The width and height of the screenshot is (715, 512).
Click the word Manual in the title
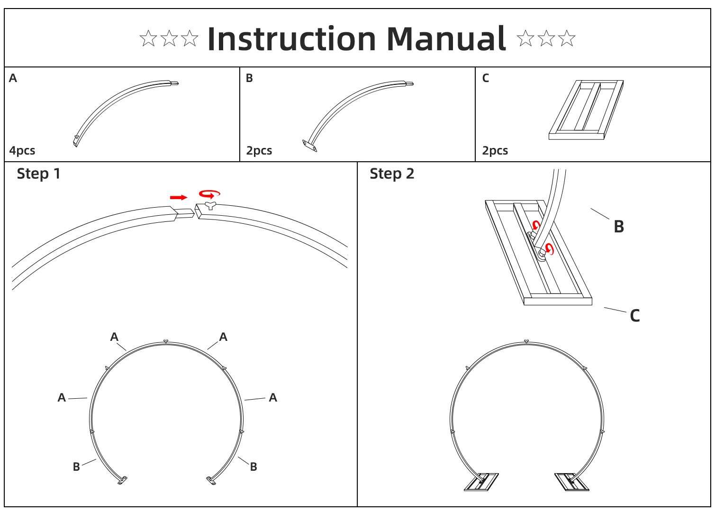pos(446,39)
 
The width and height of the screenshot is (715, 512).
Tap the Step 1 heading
pos(39,174)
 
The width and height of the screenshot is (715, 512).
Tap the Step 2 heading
pos(392,174)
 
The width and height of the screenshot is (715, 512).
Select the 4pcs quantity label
pos(22,151)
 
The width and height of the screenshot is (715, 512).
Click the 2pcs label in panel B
pos(259,151)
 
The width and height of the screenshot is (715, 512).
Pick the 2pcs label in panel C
pos(495,151)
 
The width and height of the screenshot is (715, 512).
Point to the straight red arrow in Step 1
pos(179,197)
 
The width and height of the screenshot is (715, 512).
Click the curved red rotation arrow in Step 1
pos(209,193)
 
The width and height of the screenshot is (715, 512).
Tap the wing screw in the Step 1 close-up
pos(208,205)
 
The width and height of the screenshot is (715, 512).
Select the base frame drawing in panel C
pos(586,110)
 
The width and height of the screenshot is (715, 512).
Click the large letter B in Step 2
pos(619,227)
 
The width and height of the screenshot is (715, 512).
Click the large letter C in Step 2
pos(635,316)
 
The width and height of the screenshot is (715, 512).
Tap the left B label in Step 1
pos(76,467)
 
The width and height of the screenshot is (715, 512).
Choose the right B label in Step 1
pos(253,467)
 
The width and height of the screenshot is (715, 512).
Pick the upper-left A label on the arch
pos(114,337)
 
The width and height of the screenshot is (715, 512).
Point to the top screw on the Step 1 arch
pos(165,341)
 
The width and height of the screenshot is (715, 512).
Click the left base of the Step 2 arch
pos(481,482)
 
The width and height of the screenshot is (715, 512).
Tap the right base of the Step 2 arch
pos(572,482)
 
